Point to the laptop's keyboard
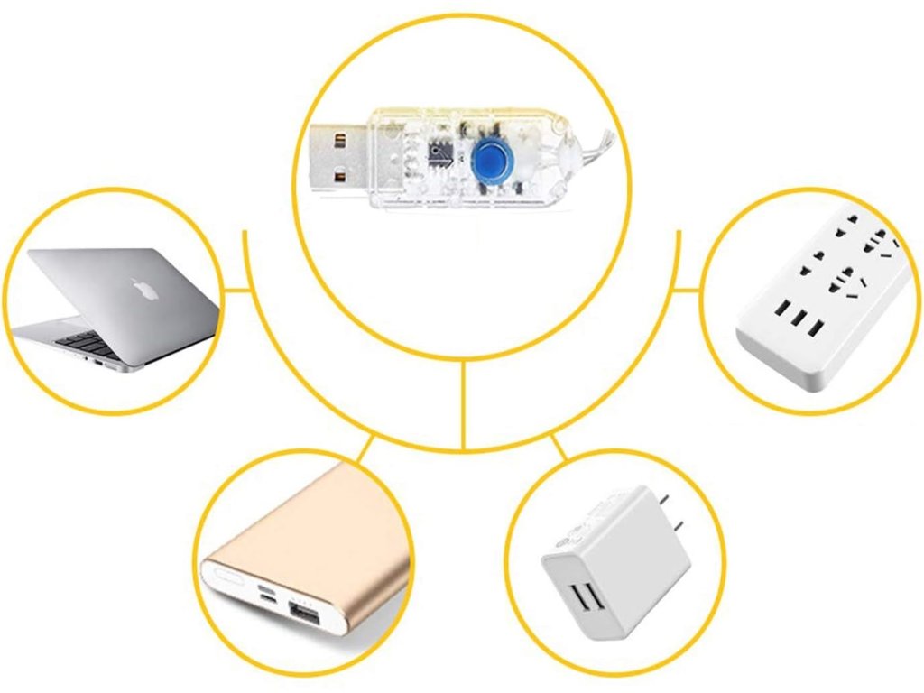[81, 341]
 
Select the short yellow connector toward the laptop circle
[236, 291]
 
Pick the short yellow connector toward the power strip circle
[687, 291]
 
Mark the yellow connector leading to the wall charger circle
[559, 448]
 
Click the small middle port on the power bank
[268, 596]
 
